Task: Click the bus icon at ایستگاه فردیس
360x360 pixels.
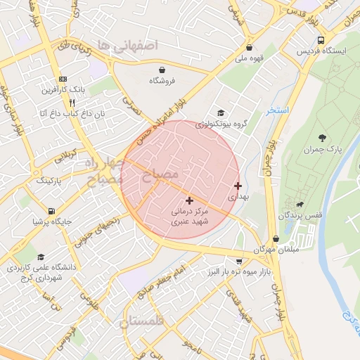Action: point(321,40)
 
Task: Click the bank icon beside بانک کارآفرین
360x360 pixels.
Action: point(63,79)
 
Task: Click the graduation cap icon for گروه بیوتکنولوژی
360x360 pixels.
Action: point(221,113)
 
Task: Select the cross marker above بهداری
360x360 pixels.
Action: point(238,186)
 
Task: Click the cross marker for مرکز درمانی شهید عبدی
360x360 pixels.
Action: point(188,200)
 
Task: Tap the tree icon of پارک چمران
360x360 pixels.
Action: point(322,138)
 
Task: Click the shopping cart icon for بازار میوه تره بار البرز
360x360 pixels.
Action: point(239,262)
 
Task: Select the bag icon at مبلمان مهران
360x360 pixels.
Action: point(276,238)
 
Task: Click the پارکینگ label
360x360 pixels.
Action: point(49,181)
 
